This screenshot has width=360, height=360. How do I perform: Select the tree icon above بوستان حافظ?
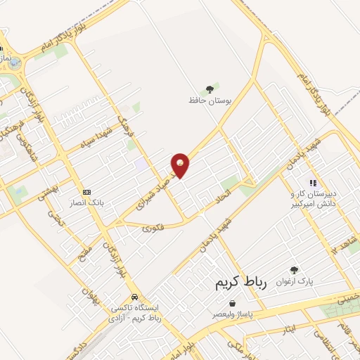point(208,89)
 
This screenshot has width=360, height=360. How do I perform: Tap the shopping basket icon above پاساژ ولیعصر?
point(233,303)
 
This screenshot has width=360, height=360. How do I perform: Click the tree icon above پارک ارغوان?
point(294,269)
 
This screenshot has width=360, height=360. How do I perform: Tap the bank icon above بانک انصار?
point(86,192)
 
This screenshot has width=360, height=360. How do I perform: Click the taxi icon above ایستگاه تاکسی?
point(134,297)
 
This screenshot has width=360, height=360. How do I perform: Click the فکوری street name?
point(153,228)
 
